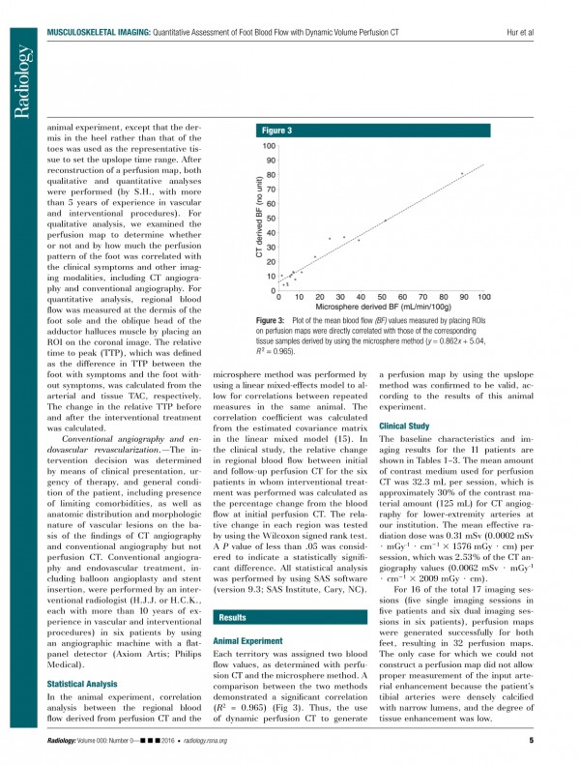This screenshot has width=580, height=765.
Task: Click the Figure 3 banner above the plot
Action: point(367,130)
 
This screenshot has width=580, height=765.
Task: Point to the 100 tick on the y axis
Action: point(270,145)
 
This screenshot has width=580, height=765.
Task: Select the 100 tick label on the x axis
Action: point(483,296)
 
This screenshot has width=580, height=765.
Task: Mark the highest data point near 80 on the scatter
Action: point(462,173)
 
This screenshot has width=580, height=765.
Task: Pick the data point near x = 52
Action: point(385,221)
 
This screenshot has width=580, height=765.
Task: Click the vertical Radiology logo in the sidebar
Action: point(20,81)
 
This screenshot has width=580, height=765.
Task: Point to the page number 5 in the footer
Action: point(532,741)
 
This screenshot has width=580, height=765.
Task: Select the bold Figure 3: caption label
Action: point(270,319)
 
